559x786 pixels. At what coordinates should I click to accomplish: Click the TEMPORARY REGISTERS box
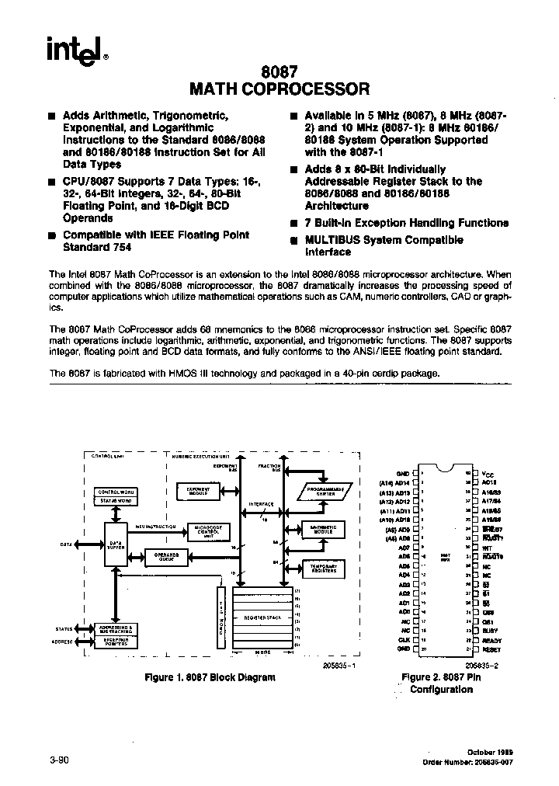(323, 568)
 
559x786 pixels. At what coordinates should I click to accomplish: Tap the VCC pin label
(488, 473)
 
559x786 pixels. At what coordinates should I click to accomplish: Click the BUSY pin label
(488, 631)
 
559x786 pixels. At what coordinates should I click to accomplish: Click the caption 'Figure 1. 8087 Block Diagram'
(210, 677)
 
